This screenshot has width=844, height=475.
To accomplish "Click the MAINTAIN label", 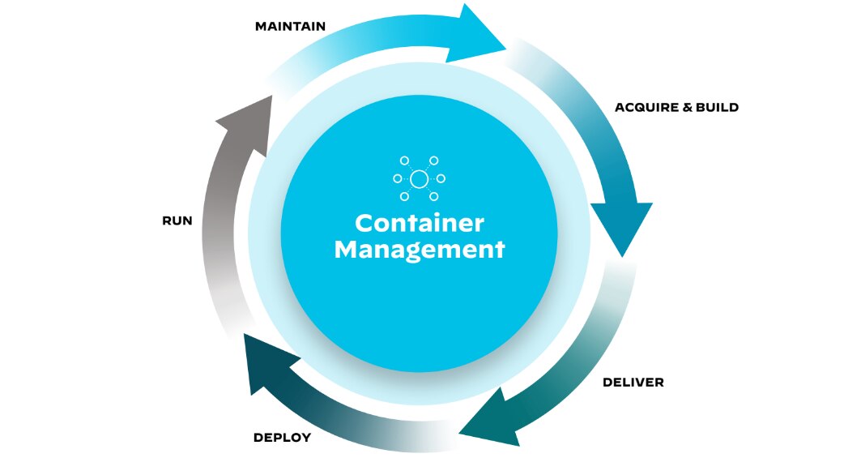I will click(x=290, y=26).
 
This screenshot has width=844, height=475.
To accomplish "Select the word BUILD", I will click(x=718, y=107).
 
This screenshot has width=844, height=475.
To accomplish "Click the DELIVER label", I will click(x=633, y=382).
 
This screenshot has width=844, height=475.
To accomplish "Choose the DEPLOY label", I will click(x=282, y=438).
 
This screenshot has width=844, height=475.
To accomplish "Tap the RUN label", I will click(x=177, y=220).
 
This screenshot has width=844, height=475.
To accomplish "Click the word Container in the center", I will click(x=419, y=223).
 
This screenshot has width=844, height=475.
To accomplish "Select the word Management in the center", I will click(x=419, y=249).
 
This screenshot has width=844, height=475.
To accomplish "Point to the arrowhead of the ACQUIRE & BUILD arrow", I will click(x=622, y=227).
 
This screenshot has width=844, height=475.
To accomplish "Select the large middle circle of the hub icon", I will click(x=419, y=178).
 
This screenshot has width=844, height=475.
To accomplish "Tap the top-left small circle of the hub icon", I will click(x=404, y=160).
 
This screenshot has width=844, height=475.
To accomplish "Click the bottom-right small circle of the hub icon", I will click(x=434, y=196).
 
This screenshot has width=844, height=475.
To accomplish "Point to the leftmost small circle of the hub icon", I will click(x=397, y=178).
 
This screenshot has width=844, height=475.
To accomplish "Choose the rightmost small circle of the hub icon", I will click(x=441, y=178).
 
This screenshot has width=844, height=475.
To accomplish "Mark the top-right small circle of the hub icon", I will click(x=434, y=160).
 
